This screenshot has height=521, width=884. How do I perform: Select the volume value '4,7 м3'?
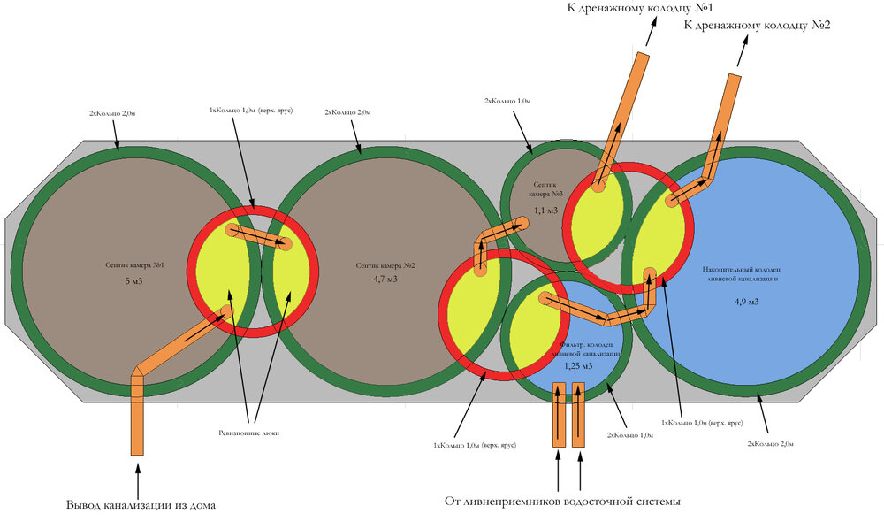pos(385,280)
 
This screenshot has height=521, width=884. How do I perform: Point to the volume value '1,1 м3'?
pos(545,211)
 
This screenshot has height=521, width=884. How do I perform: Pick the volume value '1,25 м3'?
pos(577,365)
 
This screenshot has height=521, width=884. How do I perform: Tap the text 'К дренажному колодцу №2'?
pos(758,25)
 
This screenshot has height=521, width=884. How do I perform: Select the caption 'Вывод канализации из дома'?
pos(141,505)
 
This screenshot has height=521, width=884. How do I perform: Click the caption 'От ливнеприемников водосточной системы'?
pos(562,502)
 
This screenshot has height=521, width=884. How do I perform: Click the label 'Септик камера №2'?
pos(385,264)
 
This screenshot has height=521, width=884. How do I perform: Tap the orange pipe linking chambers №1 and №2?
pos(260,237)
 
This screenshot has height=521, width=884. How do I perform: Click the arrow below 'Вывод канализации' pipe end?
pos(137,478)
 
